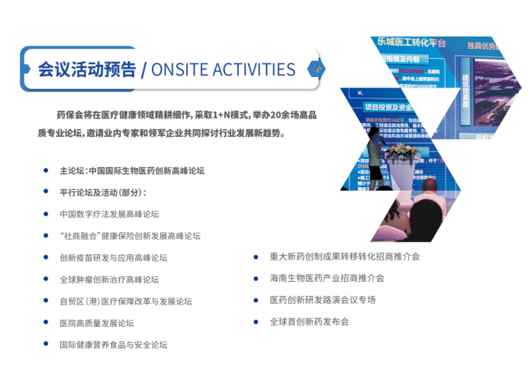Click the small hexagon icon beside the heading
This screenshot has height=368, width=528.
(x=312, y=69)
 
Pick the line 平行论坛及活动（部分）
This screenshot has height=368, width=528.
(x=103, y=192)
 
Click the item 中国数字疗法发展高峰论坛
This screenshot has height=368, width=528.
(x=108, y=215)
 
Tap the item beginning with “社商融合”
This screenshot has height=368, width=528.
(x=130, y=236)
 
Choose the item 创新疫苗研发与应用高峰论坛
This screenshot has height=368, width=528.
(x=113, y=258)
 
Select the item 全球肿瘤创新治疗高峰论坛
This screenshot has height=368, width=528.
(x=108, y=279)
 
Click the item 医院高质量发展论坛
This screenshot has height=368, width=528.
(x=96, y=323)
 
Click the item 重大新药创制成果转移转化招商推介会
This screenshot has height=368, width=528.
(x=344, y=257)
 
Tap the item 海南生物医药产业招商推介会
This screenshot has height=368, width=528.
(x=327, y=278)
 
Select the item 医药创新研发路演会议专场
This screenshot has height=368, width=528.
(x=322, y=300)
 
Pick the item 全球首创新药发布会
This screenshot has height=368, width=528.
(x=309, y=321)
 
